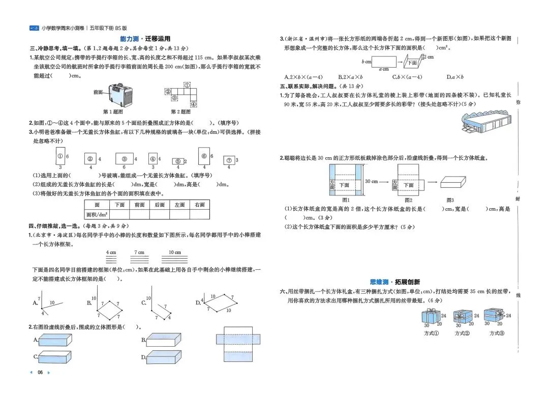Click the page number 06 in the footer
point(40,373)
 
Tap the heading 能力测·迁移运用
point(145,39)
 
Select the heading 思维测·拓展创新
point(395,282)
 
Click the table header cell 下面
point(120,205)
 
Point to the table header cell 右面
point(200,205)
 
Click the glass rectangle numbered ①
point(60,157)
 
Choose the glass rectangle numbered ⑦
point(229,160)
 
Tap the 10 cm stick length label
point(175,252)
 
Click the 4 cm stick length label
point(111,252)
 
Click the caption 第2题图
point(180,111)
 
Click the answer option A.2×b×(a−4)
point(303,77)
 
